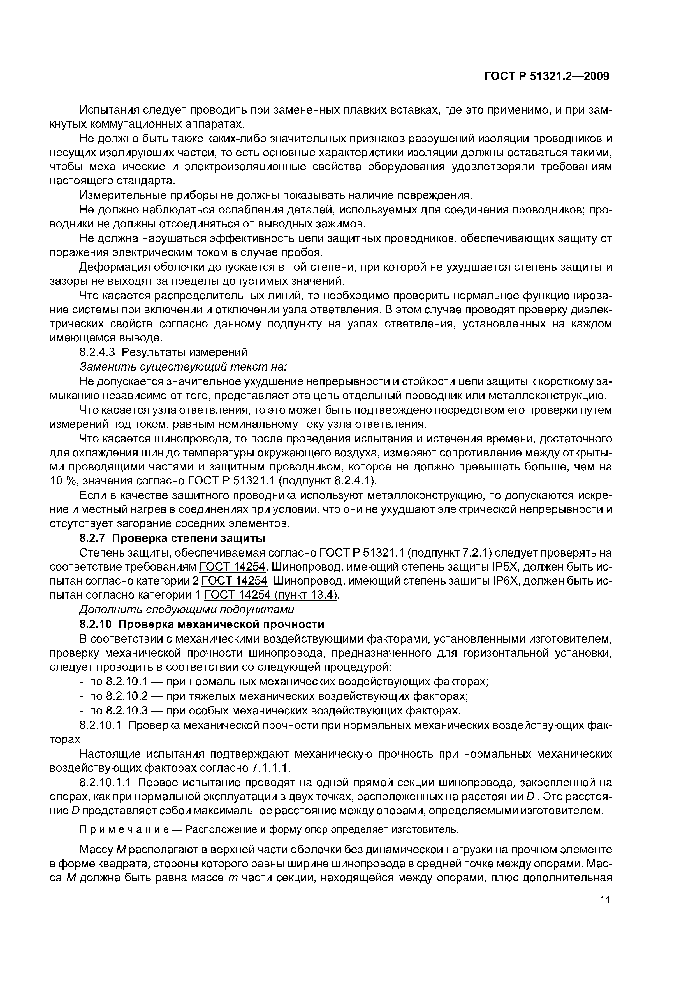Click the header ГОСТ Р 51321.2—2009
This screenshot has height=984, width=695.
coord(547,76)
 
